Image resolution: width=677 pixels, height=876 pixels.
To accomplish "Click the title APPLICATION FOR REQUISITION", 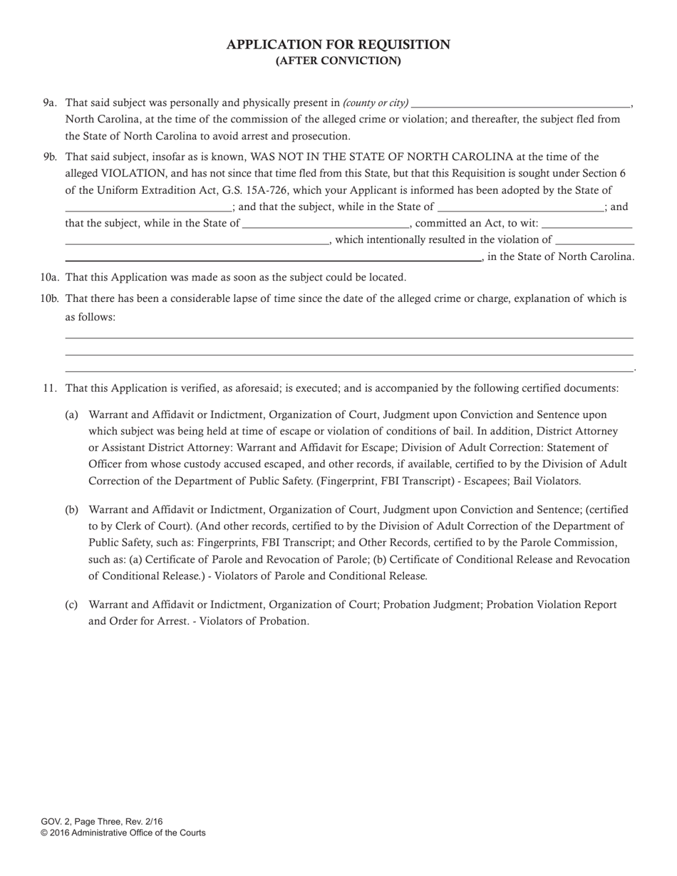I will click(x=338, y=45).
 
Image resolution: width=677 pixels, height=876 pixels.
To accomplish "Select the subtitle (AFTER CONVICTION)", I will click(x=338, y=61).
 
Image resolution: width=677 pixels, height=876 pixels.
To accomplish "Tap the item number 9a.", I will click(x=49, y=103).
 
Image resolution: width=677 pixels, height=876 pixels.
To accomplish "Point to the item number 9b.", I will click(x=49, y=157).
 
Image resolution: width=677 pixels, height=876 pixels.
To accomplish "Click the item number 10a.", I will click(x=49, y=278).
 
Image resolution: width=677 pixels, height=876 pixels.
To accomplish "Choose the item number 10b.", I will click(x=49, y=299).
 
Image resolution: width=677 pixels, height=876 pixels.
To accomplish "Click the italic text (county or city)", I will click(x=376, y=103).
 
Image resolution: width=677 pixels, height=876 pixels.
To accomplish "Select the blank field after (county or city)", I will click(x=521, y=103).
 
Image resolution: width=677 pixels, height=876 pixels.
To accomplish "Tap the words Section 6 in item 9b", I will click(x=603, y=174).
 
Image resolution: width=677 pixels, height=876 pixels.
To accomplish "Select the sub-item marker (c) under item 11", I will click(x=71, y=605).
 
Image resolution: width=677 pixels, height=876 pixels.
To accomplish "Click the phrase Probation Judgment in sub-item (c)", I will click(x=428, y=605).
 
